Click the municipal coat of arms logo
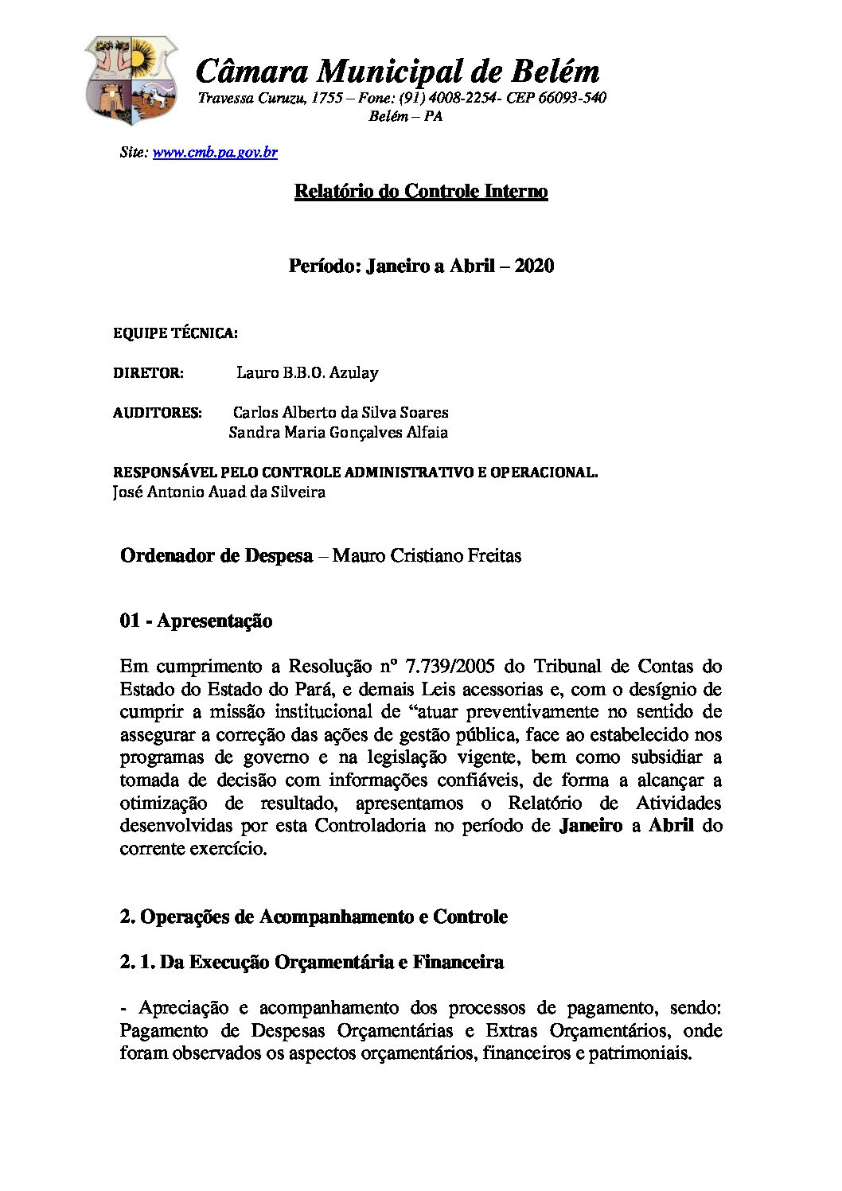point(131,80)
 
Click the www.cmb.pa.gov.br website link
point(215,152)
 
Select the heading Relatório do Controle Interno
point(421,191)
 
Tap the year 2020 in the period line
point(534,266)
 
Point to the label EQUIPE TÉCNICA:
point(175,333)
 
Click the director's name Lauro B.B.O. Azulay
point(307,372)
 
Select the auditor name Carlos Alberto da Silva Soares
point(341,412)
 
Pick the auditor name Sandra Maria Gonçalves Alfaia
point(338,432)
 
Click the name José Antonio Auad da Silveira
point(219,492)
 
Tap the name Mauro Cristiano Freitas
point(427,555)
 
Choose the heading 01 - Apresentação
point(196,621)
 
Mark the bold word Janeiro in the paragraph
point(591,825)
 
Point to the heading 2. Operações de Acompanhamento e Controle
point(314,917)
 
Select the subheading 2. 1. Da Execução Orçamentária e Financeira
point(311,962)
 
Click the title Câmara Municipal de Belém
point(397,71)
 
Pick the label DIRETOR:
point(148,373)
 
